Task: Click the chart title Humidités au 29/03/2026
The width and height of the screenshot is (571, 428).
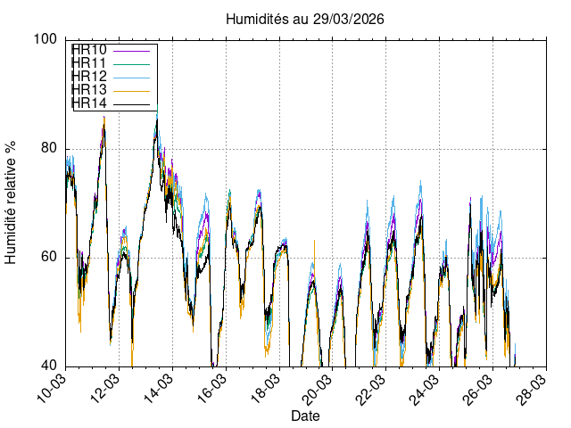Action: tap(306, 19)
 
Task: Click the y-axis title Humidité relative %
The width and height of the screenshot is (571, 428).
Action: tap(12, 202)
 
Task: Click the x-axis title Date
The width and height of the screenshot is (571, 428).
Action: tap(306, 416)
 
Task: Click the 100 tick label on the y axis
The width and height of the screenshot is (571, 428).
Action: tap(46, 39)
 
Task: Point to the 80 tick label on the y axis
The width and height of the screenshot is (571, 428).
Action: tap(50, 148)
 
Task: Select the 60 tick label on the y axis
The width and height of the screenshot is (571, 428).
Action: tap(50, 257)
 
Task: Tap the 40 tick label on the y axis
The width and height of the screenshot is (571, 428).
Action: tap(50, 366)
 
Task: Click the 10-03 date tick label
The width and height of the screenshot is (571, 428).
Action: tap(51, 389)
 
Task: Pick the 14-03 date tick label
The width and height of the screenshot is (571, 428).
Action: tap(158, 389)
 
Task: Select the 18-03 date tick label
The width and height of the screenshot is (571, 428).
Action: tap(265, 389)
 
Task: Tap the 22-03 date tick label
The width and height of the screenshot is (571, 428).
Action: tap(372, 389)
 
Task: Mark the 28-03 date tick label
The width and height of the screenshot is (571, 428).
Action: tap(533, 389)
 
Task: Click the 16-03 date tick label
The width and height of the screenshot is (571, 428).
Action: tap(211, 389)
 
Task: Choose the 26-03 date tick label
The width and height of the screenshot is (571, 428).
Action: tap(479, 389)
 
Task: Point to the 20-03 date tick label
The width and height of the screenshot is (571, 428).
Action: tap(319, 389)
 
